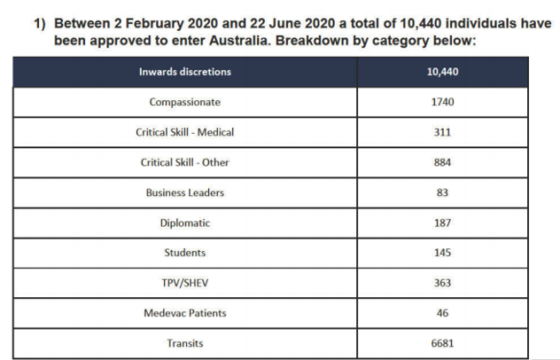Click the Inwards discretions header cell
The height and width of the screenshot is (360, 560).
pyautogui.click(x=185, y=72)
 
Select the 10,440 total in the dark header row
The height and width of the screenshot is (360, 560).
pyautogui.click(x=442, y=72)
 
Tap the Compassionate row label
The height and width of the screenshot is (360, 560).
pyautogui.click(x=185, y=102)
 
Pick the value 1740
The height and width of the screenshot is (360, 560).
pyautogui.click(x=442, y=102)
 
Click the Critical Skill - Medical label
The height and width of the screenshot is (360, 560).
pyautogui.click(x=184, y=132)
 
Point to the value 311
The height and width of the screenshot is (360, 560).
pyautogui.click(x=442, y=132)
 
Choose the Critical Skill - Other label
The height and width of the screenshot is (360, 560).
pyautogui.click(x=184, y=162)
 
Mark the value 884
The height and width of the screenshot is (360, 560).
pyautogui.click(x=442, y=162)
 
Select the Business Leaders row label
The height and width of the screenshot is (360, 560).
pyautogui.click(x=185, y=192)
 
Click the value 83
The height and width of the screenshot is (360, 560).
pyautogui.click(x=442, y=192)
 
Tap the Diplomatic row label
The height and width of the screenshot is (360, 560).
pyautogui.click(x=185, y=223)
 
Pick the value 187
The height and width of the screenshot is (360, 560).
pyautogui.click(x=442, y=223)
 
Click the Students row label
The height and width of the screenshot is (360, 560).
pyautogui.click(x=185, y=253)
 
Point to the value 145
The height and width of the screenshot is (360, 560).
pyautogui.click(x=442, y=253)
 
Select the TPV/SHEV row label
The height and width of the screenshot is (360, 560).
pyautogui.click(x=185, y=283)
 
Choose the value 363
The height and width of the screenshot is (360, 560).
pyautogui.click(x=442, y=283)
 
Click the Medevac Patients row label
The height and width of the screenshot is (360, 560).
pyautogui.click(x=185, y=313)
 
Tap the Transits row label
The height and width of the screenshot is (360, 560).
pyautogui.click(x=185, y=343)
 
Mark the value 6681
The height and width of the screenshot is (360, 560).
pyautogui.click(x=442, y=343)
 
